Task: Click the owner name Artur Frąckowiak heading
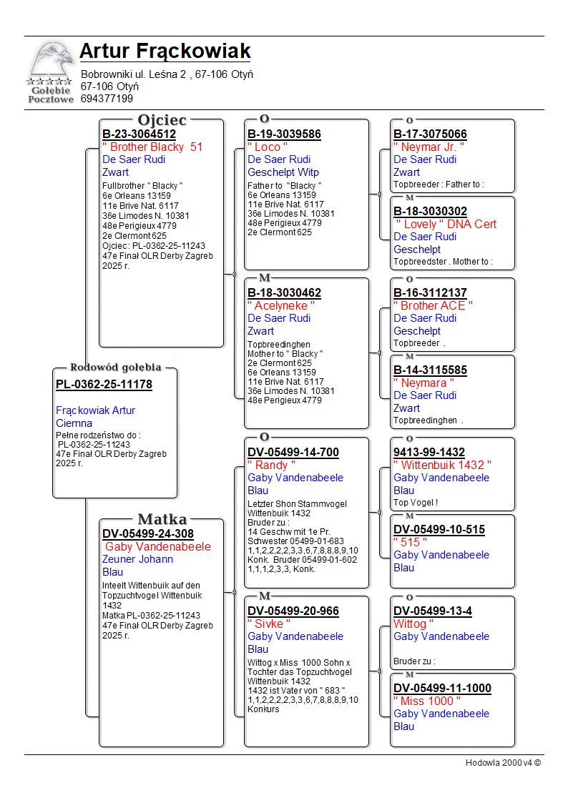165,51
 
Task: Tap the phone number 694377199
107,99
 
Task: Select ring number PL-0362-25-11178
104,385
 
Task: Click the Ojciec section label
162,120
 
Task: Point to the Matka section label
162,520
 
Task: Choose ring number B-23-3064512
139,134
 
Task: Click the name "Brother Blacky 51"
153,147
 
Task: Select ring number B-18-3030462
284,293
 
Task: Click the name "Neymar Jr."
429,147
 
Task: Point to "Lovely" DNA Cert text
446,225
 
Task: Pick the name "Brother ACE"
433,306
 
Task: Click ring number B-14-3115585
430,370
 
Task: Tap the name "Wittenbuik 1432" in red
443,465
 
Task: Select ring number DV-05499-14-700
293,453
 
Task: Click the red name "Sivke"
269,624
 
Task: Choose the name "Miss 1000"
427,701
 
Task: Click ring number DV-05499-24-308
148,534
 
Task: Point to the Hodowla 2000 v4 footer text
503,763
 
